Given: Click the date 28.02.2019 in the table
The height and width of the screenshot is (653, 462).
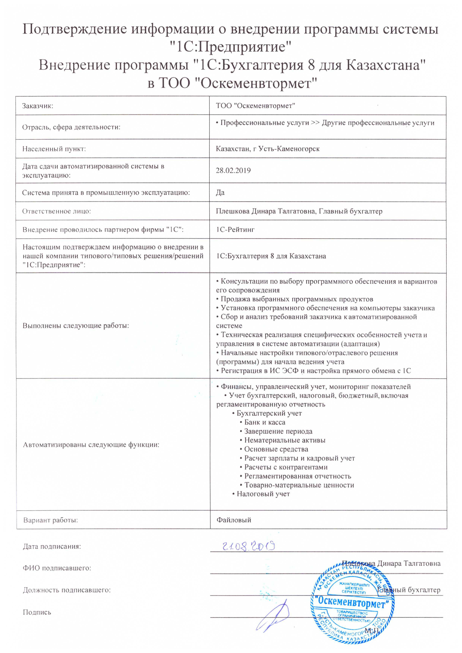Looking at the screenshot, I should click(233, 171).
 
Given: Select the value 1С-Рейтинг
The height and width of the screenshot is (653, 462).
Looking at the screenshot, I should click(235, 230).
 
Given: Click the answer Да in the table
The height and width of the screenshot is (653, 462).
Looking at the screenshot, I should click(220, 192).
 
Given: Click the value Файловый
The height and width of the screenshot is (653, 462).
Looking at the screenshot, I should click(234, 520).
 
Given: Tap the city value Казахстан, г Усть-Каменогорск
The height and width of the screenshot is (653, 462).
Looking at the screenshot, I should click(268, 149).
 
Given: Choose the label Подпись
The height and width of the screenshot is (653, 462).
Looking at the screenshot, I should click(37, 612).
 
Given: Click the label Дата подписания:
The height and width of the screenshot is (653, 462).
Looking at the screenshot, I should click(52, 546).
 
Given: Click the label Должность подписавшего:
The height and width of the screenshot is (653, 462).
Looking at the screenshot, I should click(67, 590).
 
